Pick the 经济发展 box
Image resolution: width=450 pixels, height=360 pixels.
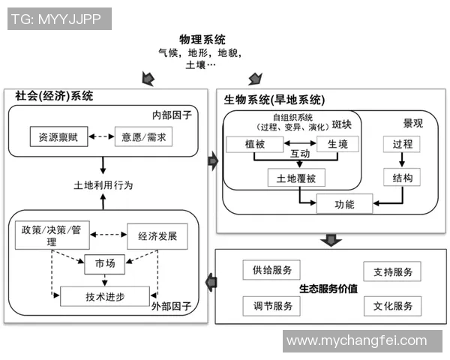point(157,235)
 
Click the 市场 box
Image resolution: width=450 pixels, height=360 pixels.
point(104,264)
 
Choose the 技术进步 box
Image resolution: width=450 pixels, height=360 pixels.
point(105,296)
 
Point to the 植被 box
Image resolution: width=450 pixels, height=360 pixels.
point(254,144)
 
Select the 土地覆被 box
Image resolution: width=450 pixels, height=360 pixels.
point(291,178)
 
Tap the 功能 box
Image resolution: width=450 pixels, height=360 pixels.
point(344,203)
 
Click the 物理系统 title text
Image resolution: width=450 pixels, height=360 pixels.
point(202,39)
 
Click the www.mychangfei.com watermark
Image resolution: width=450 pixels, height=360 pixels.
point(355,341)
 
